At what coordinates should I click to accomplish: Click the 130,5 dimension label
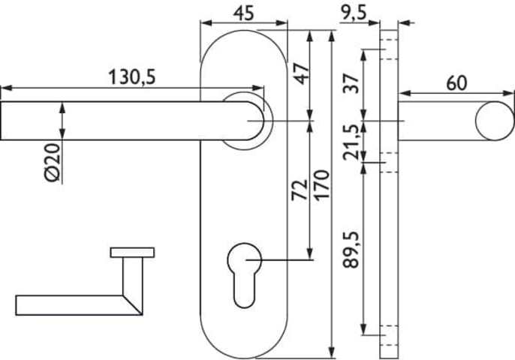pyautogui.click(x=131, y=77)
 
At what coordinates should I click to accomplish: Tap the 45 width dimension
pyautogui.click(x=244, y=13)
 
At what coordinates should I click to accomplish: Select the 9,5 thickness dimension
pyautogui.click(x=353, y=13)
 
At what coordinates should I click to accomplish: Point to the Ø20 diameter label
pyautogui.click(x=53, y=163)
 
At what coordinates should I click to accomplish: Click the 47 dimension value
pyautogui.click(x=302, y=73)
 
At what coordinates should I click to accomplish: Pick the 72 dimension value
pyautogui.click(x=300, y=190)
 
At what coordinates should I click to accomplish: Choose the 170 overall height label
pyautogui.click(x=321, y=184)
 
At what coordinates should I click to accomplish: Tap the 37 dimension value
pyautogui.click(x=351, y=84)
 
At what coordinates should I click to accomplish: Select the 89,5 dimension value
pyautogui.click(x=351, y=250)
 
